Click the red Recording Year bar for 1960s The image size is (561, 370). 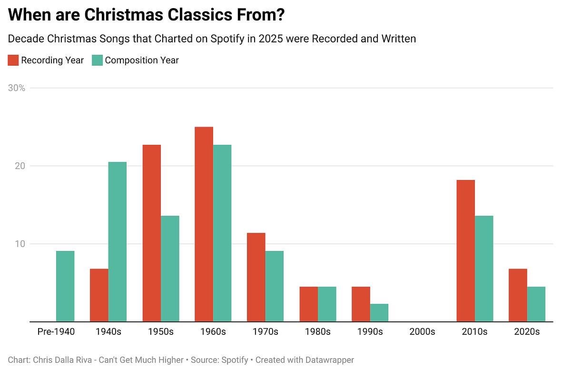click(x=204, y=224)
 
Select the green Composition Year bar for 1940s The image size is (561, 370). click(x=118, y=241)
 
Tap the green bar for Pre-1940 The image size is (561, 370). click(x=65, y=286)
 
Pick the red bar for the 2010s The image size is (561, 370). click(x=465, y=250)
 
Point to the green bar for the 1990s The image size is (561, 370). click(x=379, y=312)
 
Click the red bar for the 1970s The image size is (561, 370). click(x=256, y=277)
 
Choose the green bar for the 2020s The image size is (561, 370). click(x=536, y=304)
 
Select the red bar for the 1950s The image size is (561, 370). click(x=151, y=233)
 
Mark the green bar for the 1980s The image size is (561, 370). click(x=327, y=304)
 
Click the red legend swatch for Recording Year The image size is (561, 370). click(x=13, y=60)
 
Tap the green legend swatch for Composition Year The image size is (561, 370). click(x=97, y=60)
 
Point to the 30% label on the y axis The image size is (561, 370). click(x=17, y=88)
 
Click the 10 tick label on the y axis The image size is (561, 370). click(x=20, y=244)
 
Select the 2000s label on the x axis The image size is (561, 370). click(x=422, y=331)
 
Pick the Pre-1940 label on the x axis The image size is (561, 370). click(x=56, y=331)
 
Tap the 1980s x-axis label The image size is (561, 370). click(x=317, y=331)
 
